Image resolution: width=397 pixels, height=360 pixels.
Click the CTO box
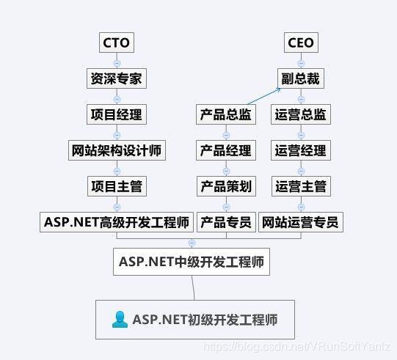point(117,43)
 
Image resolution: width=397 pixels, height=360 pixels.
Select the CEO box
point(301,43)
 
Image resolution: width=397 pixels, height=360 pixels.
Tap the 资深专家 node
point(117,78)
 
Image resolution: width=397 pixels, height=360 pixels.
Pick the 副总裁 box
point(301,78)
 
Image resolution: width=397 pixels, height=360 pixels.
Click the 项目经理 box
point(117,114)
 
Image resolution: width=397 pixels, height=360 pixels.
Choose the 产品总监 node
point(226,114)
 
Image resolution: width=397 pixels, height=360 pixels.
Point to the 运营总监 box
point(301,114)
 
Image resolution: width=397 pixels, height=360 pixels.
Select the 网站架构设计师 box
point(117,150)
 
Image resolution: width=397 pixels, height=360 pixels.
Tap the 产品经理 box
point(226,150)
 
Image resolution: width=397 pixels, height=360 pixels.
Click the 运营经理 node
point(301,150)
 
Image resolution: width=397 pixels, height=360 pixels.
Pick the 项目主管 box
point(117,186)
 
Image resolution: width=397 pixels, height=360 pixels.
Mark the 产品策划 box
point(226,186)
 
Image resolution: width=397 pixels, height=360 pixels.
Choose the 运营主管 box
point(301,186)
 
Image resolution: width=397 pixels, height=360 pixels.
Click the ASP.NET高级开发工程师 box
point(117,222)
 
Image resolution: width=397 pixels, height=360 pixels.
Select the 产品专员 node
point(226,222)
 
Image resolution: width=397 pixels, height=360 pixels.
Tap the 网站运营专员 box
point(301,222)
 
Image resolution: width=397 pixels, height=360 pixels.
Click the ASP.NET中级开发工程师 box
point(192,262)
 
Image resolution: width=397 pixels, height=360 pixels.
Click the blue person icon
point(120,320)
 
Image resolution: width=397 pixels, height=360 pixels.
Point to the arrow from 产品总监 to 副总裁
point(264,96)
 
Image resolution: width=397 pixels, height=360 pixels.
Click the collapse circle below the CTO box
point(117,63)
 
